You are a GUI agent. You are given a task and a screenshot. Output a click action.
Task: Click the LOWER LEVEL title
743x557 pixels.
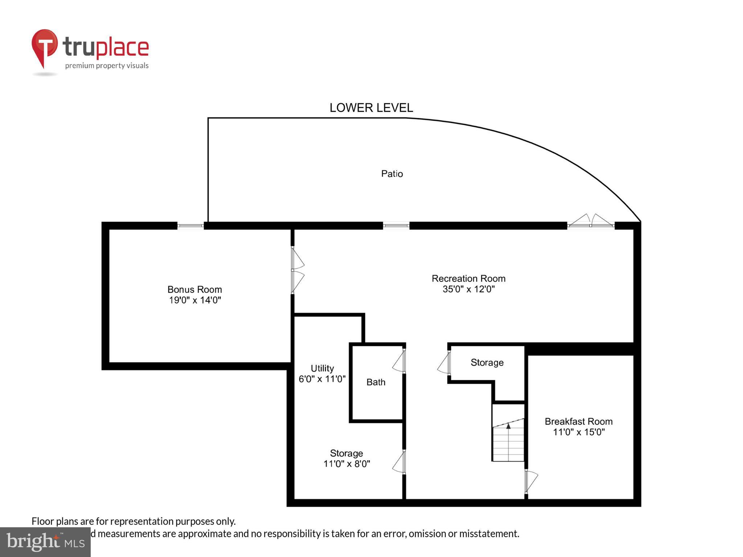[x=371, y=108]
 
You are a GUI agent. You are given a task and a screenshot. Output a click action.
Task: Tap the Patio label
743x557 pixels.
[x=392, y=174]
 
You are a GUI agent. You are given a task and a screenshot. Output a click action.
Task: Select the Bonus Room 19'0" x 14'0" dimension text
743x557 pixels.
[x=195, y=300]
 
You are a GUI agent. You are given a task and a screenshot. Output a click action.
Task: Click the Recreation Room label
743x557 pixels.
[x=468, y=278]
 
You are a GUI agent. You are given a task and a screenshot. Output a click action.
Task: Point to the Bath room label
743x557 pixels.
[x=375, y=382]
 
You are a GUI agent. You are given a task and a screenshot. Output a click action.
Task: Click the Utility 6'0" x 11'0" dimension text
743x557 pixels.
[x=322, y=379]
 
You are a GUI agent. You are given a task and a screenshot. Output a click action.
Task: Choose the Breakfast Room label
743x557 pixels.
[x=578, y=421]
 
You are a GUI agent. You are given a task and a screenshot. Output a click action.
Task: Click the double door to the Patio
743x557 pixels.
[x=591, y=221]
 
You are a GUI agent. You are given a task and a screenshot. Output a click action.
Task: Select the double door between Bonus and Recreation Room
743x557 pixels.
[x=297, y=270]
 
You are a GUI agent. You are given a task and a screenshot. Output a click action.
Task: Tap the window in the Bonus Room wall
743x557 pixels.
[x=190, y=226]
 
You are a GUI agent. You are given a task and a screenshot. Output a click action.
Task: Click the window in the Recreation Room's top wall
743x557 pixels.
[x=396, y=226]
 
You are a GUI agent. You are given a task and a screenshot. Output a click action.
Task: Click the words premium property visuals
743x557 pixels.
[x=107, y=66]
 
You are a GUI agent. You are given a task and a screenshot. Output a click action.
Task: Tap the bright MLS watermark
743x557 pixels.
[x=45, y=542]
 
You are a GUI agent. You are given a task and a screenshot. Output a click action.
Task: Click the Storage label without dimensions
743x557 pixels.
[x=487, y=363]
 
